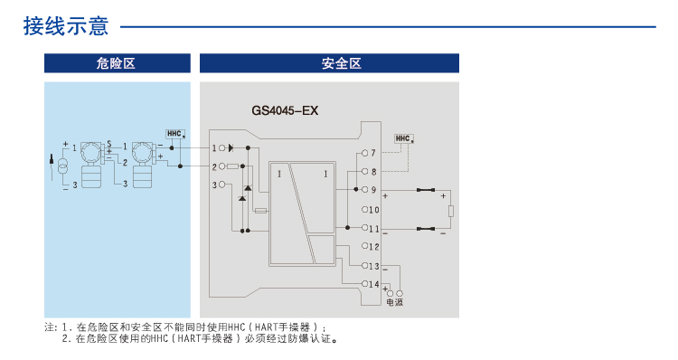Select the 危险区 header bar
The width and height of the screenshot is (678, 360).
117,63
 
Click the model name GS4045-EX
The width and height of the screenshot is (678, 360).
285,111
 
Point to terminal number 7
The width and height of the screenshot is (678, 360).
372,153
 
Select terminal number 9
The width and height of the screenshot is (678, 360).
372,190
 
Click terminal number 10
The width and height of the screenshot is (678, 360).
374,209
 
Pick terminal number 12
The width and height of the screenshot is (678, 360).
374,246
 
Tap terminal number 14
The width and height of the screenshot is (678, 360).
374,284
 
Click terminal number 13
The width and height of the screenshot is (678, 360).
374,265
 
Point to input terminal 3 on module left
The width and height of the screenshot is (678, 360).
214,185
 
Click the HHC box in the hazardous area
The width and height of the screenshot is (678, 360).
175,133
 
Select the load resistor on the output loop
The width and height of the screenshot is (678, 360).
451,212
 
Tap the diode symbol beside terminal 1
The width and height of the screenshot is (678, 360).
231,147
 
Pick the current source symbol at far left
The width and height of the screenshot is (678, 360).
63,166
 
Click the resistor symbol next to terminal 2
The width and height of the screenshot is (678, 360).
232,166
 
